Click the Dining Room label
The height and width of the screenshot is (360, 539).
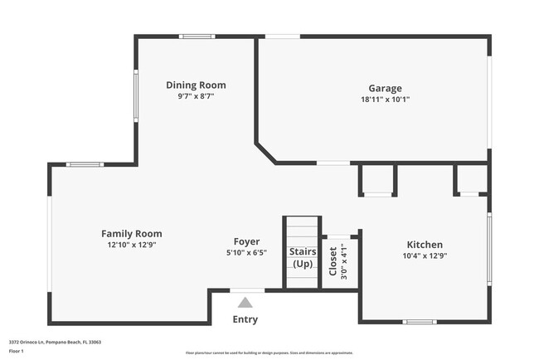196,85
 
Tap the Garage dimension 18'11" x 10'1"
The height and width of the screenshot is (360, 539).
385,100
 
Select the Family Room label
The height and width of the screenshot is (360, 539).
132,234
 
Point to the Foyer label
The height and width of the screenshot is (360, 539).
246,242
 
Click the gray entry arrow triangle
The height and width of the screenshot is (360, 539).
245,303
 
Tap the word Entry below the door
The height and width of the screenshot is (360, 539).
245,319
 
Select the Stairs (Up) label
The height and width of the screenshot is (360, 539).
303,257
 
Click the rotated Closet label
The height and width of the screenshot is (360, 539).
333,260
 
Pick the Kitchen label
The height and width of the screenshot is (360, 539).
424,245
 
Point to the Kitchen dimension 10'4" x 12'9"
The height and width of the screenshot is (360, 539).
424,255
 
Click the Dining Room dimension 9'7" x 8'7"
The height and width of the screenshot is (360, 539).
196,97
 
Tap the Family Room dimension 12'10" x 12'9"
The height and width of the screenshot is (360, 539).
132,246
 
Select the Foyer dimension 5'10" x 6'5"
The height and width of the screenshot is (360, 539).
246,253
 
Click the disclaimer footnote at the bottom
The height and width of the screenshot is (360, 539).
269,353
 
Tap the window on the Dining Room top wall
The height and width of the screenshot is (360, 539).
197,36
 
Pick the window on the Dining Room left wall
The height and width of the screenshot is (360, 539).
136,96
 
